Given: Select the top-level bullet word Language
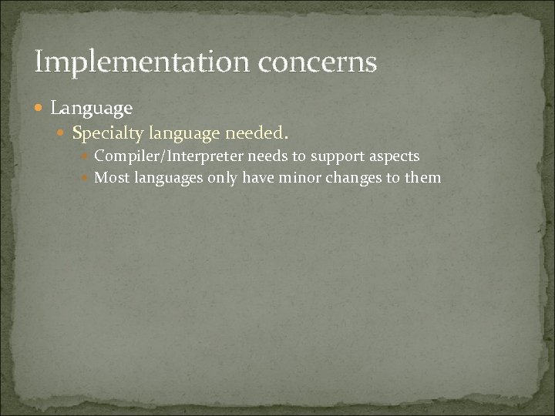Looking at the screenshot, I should [x=91, y=107].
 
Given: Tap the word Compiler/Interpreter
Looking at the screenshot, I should [x=169, y=156].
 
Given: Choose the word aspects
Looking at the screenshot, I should [x=395, y=156].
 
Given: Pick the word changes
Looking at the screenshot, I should [x=347, y=178].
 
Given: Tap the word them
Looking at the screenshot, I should [x=423, y=178].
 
